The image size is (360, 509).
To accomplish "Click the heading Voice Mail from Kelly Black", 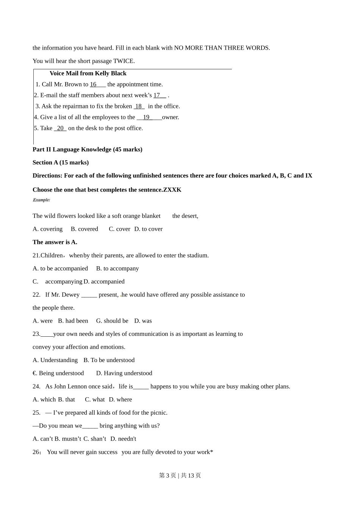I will pos(88,73).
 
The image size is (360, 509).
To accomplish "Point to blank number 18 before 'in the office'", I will pos(139,106).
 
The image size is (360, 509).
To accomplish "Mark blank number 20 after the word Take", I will pos(60,128).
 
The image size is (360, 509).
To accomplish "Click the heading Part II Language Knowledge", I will pos(88,150).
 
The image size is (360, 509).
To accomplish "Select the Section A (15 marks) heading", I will pos(61,162).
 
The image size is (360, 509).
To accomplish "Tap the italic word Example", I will pos(41,200).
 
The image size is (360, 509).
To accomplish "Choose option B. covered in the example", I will pos(85,229).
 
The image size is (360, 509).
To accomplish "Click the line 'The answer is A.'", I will pos(55,242).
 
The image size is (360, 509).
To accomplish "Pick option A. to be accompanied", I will pos(60,269).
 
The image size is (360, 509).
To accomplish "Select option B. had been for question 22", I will pos(73,321).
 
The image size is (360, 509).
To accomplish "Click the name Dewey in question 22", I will pos(70,295).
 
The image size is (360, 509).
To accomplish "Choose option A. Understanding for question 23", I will pos(55,360).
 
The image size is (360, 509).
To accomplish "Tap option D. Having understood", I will pos(124,373).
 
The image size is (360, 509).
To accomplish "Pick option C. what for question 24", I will pos(95,400).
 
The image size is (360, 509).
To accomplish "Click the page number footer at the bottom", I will pos(180,476).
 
